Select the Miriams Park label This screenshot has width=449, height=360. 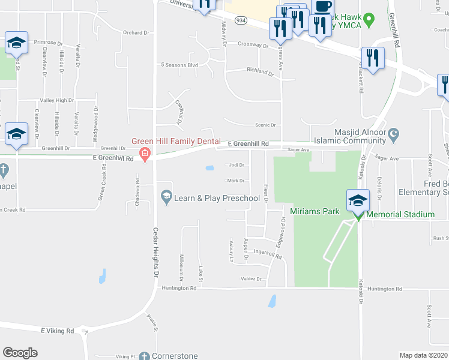tap(315, 211)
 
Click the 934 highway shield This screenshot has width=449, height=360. tap(241, 20)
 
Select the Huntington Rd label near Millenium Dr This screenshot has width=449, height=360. tap(179, 288)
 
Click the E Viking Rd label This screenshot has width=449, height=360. tap(58, 331)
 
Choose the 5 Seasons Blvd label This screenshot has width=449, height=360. tap(179, 65)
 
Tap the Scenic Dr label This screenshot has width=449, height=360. tap(265, 125)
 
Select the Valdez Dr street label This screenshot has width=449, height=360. tap(252, 279)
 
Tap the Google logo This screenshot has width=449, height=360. tap(20, 353)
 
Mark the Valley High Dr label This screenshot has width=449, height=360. tap(56, 100)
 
